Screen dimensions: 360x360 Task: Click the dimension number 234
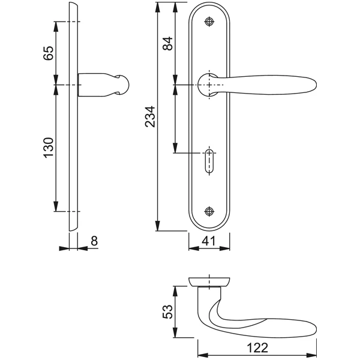(151, 116)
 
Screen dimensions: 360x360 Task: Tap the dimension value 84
(168, 43)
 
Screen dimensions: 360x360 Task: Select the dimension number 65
(49, 53)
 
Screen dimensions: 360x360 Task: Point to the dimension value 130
(49, 148)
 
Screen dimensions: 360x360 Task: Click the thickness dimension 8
(94, 241)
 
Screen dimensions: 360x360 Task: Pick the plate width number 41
(209, 241)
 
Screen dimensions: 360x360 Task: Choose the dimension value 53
(167, 311)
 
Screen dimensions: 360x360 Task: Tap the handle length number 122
(257, 348)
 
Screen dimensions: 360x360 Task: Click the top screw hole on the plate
(209, 22)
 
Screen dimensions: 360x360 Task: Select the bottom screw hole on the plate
(209, 211)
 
